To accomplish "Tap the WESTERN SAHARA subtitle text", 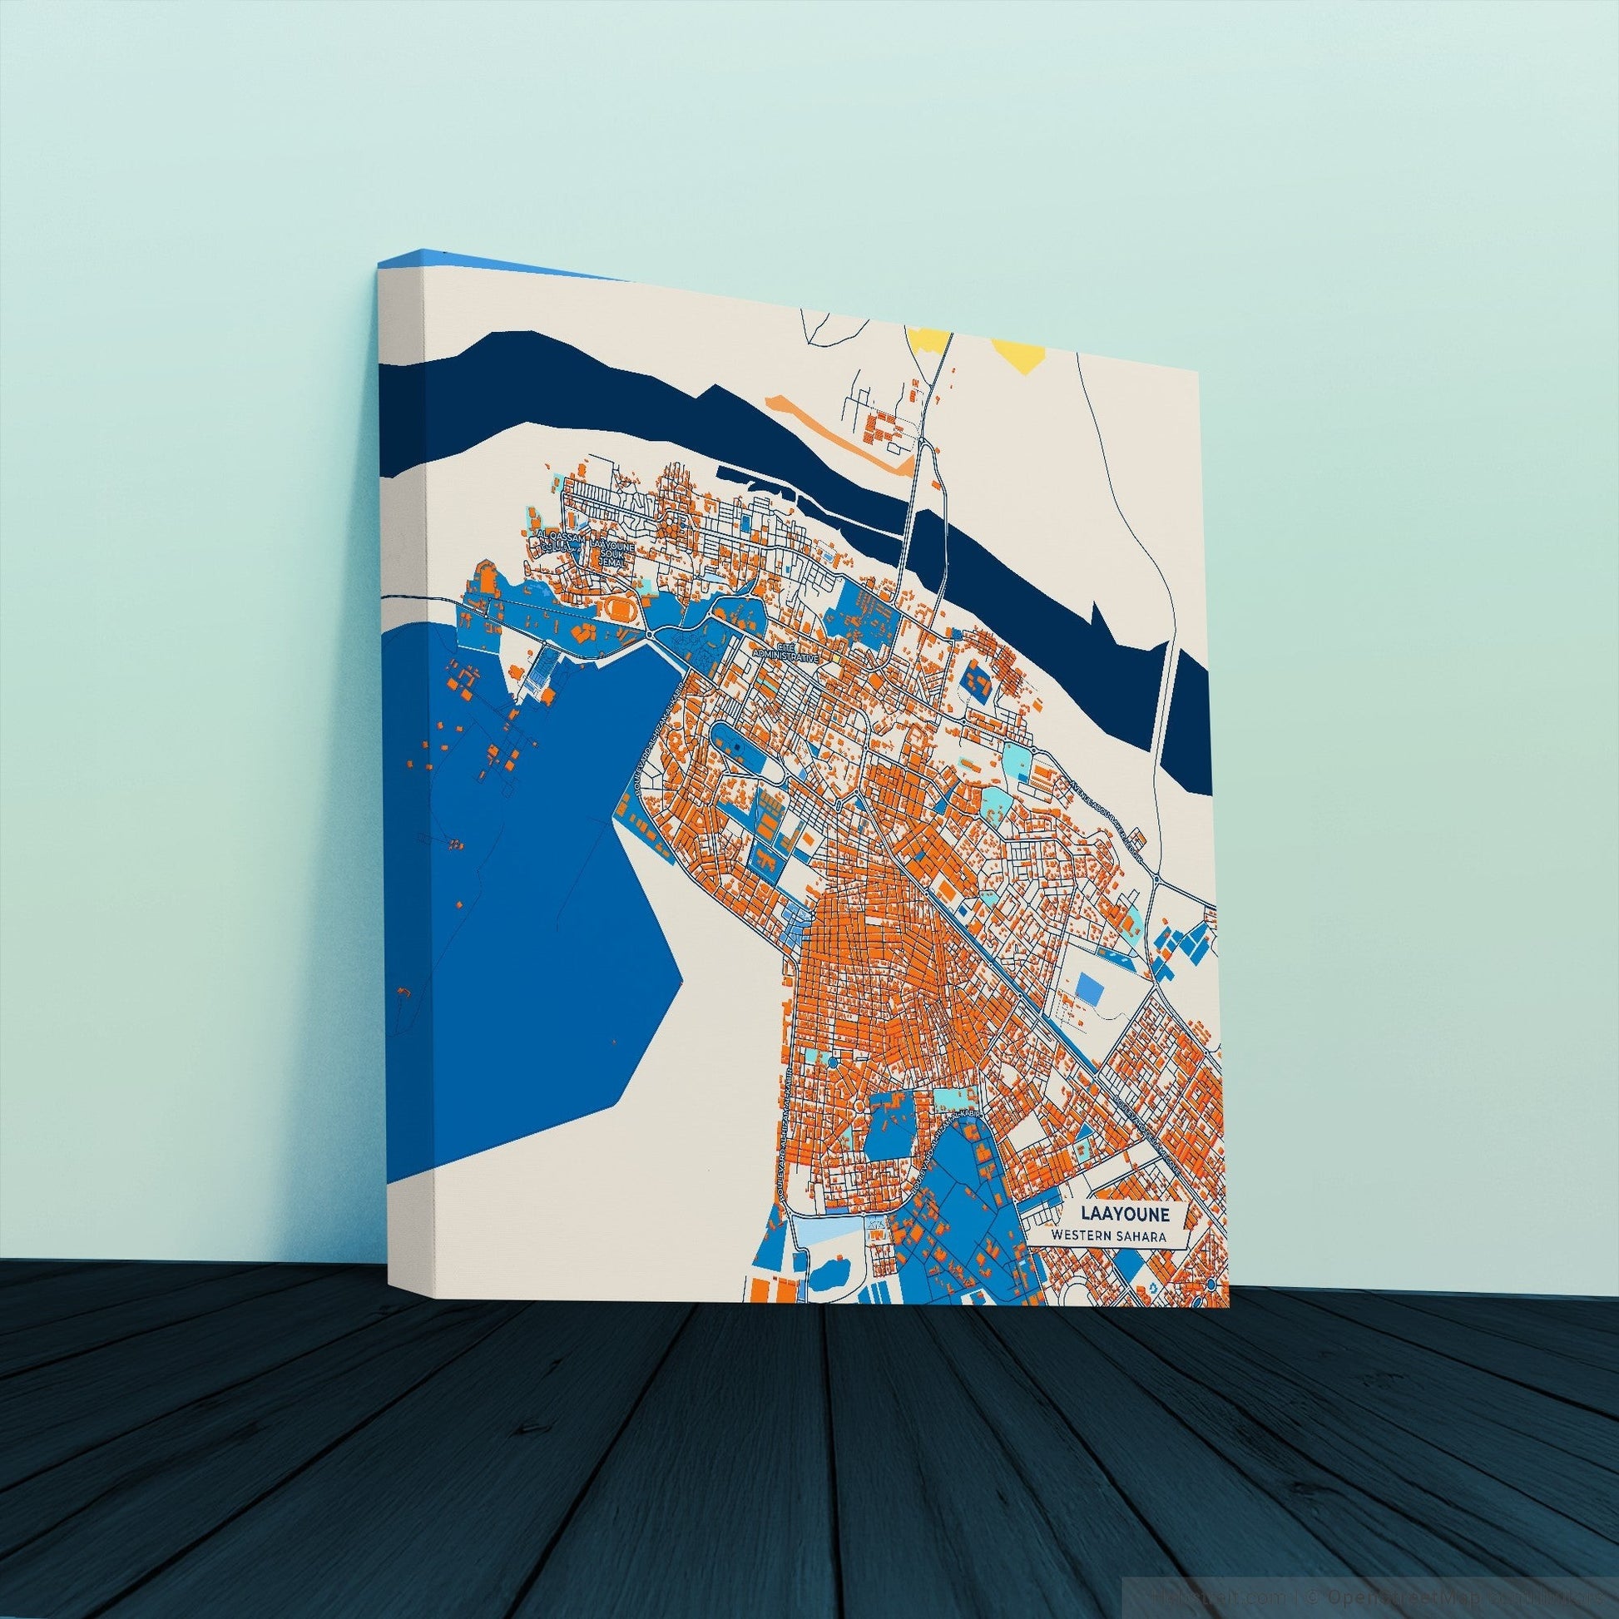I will (x=1111, y=1236).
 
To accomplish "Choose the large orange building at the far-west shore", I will (x=484, y=578).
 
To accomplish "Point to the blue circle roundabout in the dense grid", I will (x=831, y=1062).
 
